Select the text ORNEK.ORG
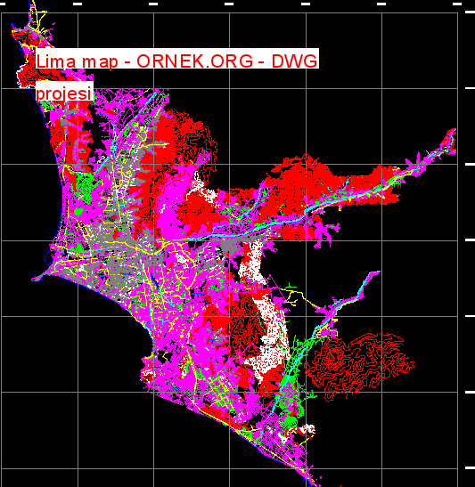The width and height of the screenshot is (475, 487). point(190,61)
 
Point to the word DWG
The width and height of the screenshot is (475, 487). point(294,61)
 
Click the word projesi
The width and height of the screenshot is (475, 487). point(64,93)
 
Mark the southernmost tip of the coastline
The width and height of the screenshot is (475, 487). point(315,482)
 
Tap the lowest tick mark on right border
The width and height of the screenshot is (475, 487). point(470,467)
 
